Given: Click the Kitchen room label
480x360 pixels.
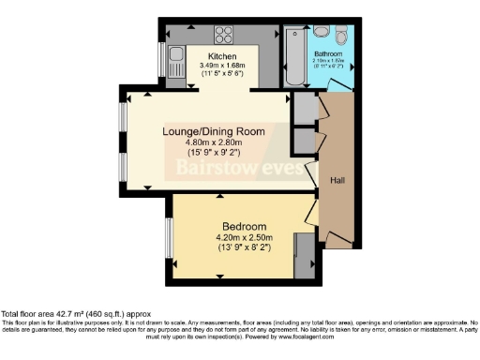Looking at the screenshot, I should pyautogui.click(x=222, y=55).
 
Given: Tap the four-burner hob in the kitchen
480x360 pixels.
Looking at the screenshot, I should pyautogui.click(x=224, y=36).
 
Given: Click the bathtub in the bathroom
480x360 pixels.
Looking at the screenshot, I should pyautogui.click(x=292, y=57).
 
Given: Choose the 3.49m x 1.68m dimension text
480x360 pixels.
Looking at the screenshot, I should pyautogui.click(x=222, y=66).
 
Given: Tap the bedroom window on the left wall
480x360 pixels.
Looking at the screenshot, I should pyautogui.click(x=168, y=240).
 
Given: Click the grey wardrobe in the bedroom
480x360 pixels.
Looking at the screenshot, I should pyautogui.click(x=303, y=255).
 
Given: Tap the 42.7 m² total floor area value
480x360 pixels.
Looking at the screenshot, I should pyautogui.click(x=70, y=314).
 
